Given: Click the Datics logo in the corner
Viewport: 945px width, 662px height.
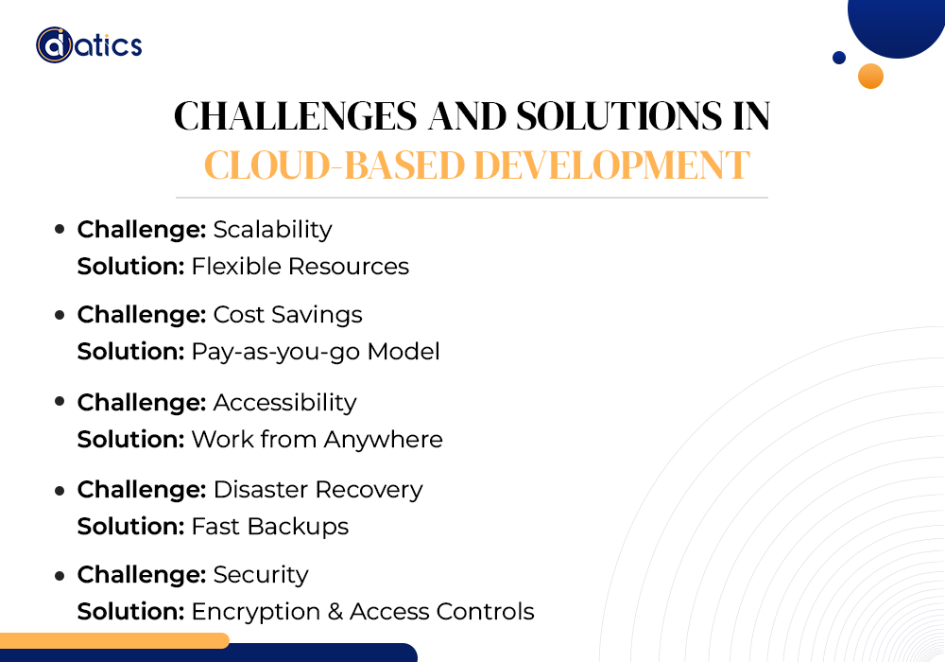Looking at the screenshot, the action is coord(89,45).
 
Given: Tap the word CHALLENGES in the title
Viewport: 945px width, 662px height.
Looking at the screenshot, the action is coord(295,115).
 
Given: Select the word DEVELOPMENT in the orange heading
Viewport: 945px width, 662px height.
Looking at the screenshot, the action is coord(611,165).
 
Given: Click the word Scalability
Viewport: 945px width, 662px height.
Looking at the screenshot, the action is coord(272,230).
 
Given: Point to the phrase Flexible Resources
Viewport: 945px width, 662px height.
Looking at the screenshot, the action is coord(301,266).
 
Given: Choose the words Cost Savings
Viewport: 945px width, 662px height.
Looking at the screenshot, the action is coord(287,315).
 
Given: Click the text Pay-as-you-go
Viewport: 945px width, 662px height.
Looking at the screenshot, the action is coord(276,352).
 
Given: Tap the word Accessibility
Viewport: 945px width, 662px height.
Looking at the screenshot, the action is coord(285,402).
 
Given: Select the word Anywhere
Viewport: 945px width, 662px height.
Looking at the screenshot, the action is coord(384,440).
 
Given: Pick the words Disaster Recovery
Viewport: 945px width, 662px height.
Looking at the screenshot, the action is coord(318,490).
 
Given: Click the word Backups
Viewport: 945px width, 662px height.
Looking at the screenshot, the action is coord(298,527).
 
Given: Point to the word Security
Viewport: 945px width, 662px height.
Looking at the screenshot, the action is coord(261,575).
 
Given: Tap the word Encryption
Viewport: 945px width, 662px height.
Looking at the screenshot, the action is coord(256,612).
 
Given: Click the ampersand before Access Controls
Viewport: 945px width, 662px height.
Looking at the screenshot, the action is coord(335,612).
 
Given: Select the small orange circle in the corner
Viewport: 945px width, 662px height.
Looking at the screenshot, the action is coord(871,76).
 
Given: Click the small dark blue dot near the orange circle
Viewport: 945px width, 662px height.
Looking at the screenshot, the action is coord(839,58).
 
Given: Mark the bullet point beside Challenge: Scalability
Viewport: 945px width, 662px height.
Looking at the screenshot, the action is coord(60,229).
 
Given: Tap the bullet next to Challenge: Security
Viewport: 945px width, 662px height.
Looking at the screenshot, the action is coord(60,576).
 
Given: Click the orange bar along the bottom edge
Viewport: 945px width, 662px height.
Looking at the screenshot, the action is coord(114,640).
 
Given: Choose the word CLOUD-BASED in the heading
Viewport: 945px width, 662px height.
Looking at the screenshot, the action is coord(335,165).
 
